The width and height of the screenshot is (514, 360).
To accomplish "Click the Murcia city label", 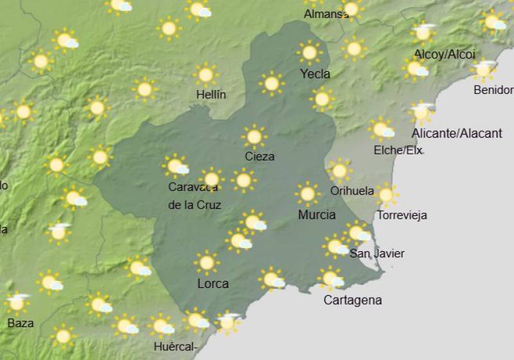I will coord(317,215).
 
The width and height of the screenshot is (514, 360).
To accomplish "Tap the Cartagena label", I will coord(352,300).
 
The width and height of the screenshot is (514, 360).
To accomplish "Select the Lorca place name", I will coord(213,283).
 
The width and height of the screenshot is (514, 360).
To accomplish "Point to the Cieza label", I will coord(260,156).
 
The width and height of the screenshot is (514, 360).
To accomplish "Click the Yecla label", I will coord(315,74).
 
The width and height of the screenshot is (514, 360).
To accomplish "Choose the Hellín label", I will coord(211,95).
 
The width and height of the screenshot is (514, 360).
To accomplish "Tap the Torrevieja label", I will coord(402,215).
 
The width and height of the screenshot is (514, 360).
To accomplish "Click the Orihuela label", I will coord(351,190).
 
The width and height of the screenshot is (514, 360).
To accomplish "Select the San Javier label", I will coord(377,253).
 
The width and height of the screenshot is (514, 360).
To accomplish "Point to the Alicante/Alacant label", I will coord(457,133).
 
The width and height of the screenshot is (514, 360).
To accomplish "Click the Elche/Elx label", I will coord(398,150).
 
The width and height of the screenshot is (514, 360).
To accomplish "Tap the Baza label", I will coord(21,323).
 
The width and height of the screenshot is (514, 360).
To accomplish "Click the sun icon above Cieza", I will coord(254,136).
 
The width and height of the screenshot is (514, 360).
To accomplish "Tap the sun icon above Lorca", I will coord(206,262).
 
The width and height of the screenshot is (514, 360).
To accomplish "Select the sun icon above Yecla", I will coord(310,52).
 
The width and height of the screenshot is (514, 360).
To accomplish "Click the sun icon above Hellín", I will coord(206,75).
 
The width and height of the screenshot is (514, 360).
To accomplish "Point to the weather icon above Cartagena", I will coord(331,278).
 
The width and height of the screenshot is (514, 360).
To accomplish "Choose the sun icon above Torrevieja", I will coord(385,194).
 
